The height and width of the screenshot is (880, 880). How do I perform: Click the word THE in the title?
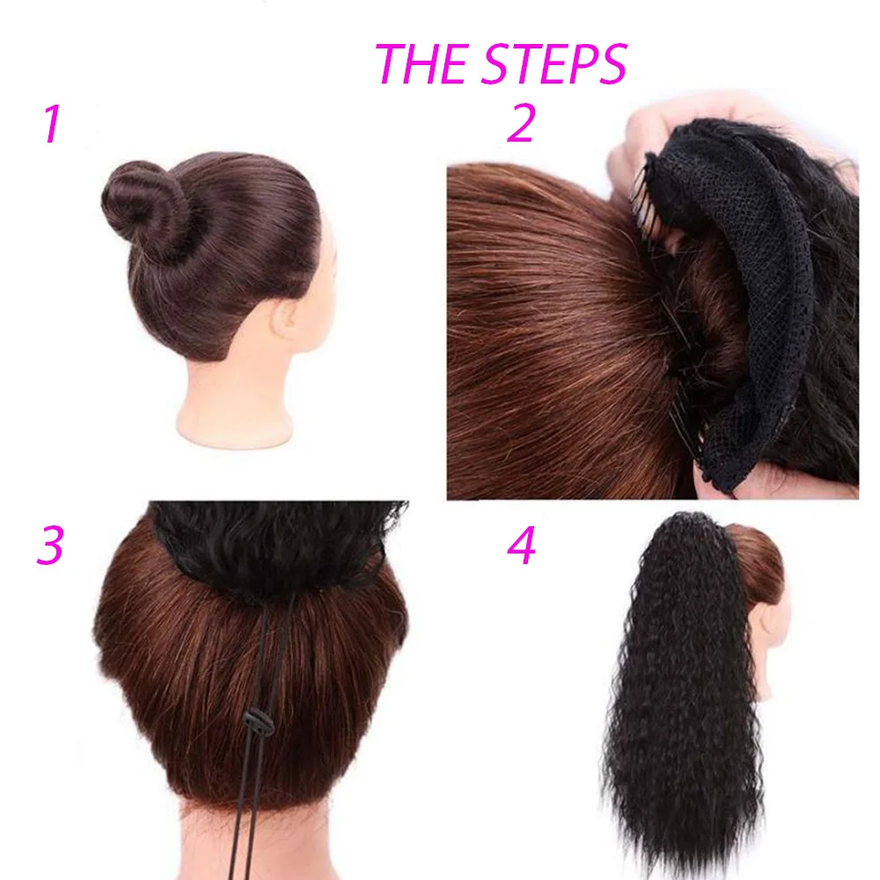(418, 63)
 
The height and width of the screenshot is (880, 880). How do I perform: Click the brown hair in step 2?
(546, 334)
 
